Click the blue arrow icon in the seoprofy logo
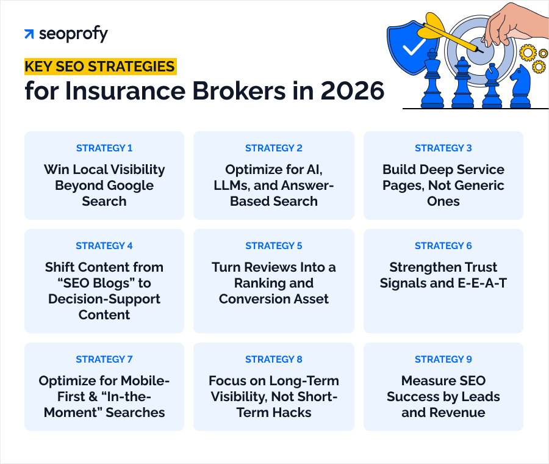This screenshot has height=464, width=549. [x=29, y=34]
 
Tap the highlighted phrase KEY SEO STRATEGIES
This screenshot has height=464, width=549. [x=100, y=66]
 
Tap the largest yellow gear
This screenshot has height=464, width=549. [x=528, y=53]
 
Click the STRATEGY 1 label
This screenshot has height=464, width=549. [x=104, y=148]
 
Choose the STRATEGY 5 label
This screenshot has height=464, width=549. [x=274, y=246]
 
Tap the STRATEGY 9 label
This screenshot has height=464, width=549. [x=443, y=360]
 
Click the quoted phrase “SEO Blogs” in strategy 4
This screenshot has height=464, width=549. [x=116, y=283]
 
